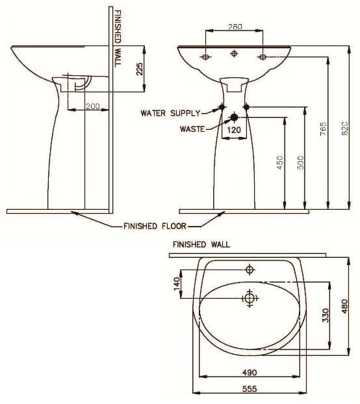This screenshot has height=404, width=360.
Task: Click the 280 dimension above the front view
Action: click(x=235, y=27)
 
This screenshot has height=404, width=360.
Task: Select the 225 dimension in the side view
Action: click(x=139, y=69)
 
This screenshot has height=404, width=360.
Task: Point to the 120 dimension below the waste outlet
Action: click(x=234, y=129)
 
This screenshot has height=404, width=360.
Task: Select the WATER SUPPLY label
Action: click(x=170, y=113)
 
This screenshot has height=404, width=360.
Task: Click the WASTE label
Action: click(x=192, y=129)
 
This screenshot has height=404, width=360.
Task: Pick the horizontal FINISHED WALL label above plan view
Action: click(x=201, y=245)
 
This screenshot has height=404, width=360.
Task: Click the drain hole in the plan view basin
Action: click(x=249, y=298)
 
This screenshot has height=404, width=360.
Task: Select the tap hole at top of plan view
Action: click(x=249, y=269)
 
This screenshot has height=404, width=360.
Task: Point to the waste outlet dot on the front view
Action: click(x=234, y=118)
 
